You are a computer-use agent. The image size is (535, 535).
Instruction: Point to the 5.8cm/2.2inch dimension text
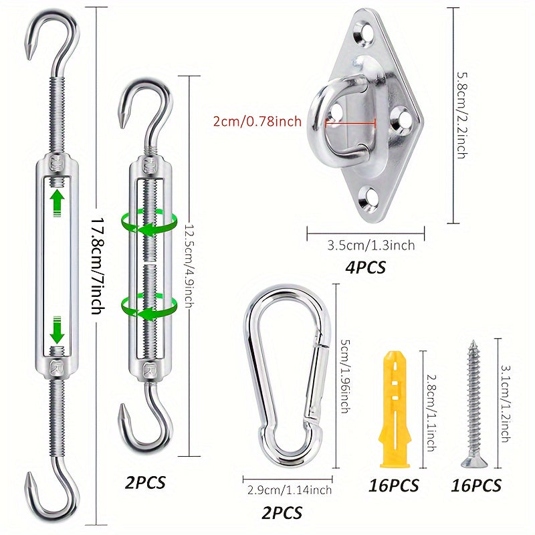pos(461,115)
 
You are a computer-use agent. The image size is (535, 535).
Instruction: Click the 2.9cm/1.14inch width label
pos(288,490)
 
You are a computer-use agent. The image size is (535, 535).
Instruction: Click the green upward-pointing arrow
pos(58,202)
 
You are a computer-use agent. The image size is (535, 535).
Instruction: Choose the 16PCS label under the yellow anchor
pos(393,486)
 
